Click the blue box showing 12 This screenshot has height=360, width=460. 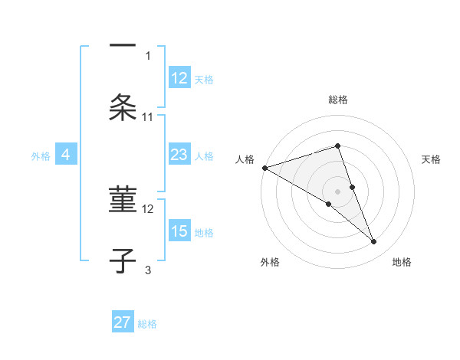tap(179, 78)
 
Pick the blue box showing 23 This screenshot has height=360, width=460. tap(179, 155)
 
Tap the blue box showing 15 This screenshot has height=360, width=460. tap(179, 231)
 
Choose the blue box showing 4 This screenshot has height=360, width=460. tap(65, 155)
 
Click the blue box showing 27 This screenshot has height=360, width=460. tap(123, 322)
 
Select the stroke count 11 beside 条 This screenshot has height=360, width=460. tap(148, 116)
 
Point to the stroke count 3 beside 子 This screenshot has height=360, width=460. tap(148, 270)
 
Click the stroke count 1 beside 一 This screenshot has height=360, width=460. tap(148, 55)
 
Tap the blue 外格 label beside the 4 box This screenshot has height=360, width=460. tap(41, 155)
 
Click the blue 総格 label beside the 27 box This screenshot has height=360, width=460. tap(147, 323)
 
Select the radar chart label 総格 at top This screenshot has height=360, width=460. tap(338, 100)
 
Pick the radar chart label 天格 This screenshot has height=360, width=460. tap(432, 159)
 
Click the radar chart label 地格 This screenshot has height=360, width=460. tap(402, 262)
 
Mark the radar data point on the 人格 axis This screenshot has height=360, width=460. tap(264, 168)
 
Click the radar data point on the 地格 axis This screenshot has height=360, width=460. tap(374, 241)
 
